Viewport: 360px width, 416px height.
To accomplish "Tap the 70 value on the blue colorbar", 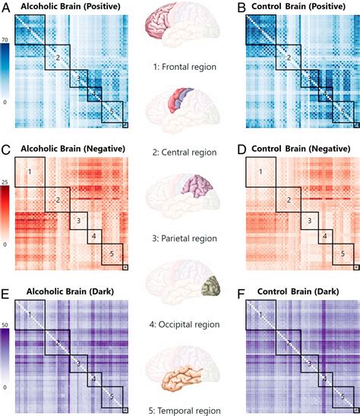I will click(x=5, y=39).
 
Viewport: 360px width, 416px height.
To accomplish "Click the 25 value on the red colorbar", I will click(x=5, y=182).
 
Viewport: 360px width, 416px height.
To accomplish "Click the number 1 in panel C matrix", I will click(x=30, y=173).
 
